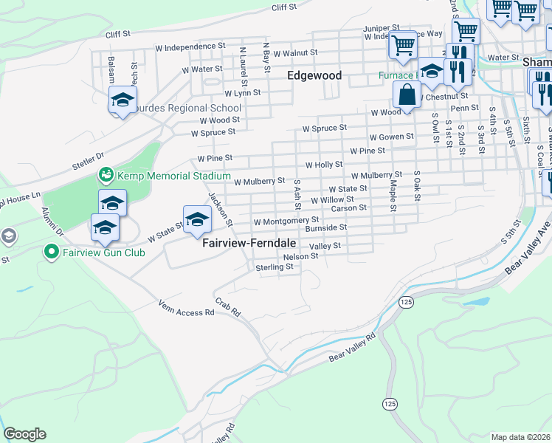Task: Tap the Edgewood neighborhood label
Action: point(314,76)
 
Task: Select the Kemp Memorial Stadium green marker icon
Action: point(106,176)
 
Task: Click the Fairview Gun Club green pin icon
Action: point(51,253)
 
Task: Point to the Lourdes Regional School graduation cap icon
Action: point(123,100)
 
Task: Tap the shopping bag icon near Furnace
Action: point(406,95)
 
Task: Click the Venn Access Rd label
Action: point(186,309)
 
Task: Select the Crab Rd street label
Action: point(228,308)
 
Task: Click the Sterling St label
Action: point(275,267)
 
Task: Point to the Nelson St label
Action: point(300,256)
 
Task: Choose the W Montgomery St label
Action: point(286,221)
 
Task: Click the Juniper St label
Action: point(381,28)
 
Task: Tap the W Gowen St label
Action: point(391,137)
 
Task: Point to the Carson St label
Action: point(349,208)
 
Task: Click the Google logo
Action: point(24,434)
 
